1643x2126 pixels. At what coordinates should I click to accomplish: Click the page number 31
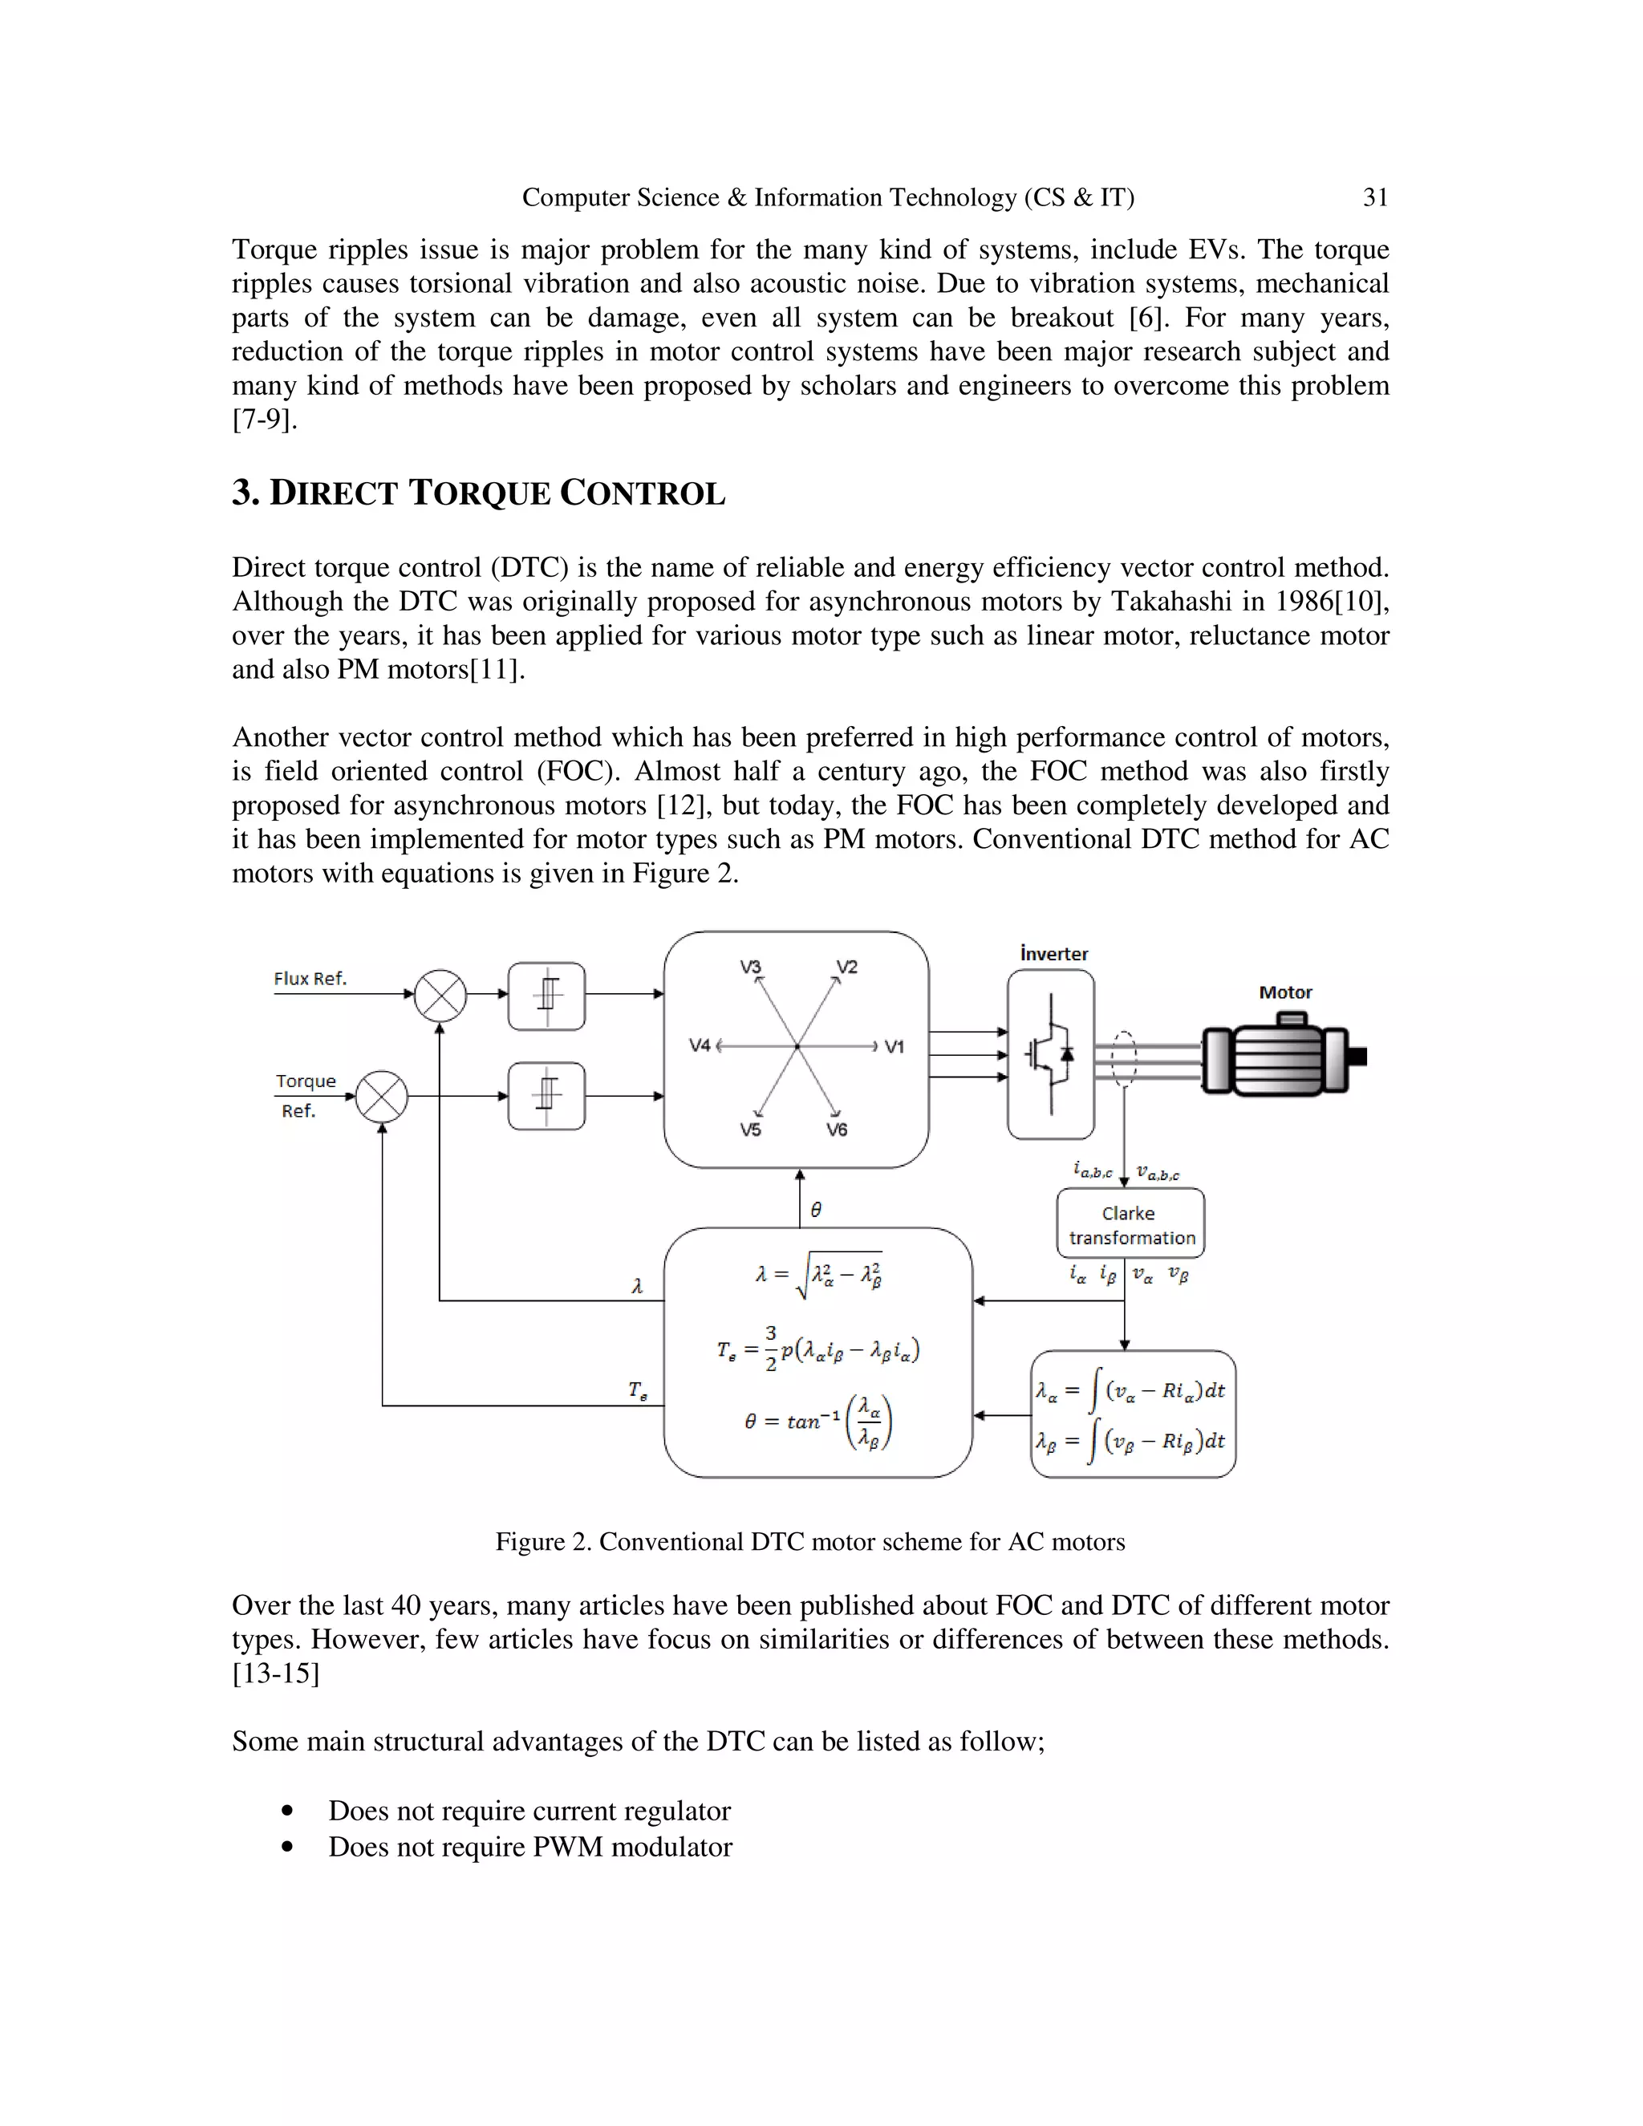click(1374, 197)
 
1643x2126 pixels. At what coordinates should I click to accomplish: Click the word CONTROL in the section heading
click(643, 493)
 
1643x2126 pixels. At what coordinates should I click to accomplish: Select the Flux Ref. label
click(310, 978)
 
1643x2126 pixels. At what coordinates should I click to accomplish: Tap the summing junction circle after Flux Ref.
click(440, 996)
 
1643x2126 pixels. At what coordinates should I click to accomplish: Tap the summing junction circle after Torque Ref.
click(382, 1097)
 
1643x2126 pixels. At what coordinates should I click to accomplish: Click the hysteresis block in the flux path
click(547, 996)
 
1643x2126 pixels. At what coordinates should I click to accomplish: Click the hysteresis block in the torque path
click(547, 1096)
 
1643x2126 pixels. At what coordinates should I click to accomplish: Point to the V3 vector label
click(749, 967)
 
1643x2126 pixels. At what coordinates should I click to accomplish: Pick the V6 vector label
click(837, 1130)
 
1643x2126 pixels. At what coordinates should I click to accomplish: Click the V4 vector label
click(700, 1046)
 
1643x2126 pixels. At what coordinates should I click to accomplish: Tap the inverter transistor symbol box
click(1050, 1054)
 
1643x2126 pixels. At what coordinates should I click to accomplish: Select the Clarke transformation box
click(1130, 1224)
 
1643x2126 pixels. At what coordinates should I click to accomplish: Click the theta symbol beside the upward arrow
click(816, 1209)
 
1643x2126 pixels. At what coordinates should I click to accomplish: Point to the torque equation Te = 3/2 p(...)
click(817, 1349)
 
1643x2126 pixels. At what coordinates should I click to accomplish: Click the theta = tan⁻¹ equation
click(817, 1422)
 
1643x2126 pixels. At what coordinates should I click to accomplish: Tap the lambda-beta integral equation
click(1132, 1441)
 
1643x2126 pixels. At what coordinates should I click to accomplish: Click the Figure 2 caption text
click(809, 1542)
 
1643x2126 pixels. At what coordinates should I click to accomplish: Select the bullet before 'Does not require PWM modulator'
click(286, 1847)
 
